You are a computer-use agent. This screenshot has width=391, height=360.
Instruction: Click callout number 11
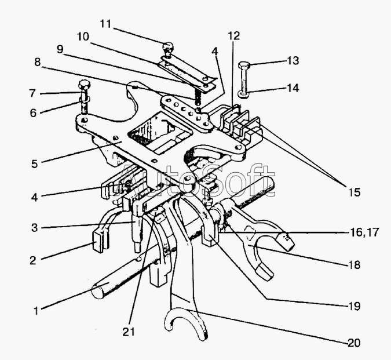[x=105, y=24]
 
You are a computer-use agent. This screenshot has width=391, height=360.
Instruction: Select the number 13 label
[x=293, y=61]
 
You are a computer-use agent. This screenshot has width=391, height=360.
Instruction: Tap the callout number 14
[x=293, y=88]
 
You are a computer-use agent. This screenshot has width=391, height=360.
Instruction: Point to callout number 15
[x=355, y=192]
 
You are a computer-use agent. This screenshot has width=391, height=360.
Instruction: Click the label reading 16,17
[x=364, y=232]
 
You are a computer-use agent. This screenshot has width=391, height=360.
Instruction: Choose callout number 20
[x=354, y=343]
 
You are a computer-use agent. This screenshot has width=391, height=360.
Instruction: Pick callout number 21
[x=129, y=332]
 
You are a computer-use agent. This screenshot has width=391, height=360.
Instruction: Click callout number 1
[x=36, y=311]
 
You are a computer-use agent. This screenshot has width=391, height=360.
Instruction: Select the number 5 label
[x=34, y=164]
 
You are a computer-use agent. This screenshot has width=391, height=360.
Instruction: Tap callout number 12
[x=234, y=36]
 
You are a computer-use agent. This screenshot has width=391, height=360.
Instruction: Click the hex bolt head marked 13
[x=243, y=66]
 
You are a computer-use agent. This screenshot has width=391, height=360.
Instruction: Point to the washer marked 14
[x=243, y=94]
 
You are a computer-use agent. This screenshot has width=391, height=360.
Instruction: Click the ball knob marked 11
[x=168, y=46]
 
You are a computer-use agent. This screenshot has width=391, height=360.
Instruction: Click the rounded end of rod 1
[x=98, y=291]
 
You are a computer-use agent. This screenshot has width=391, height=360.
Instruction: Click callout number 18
[x=354, y=264]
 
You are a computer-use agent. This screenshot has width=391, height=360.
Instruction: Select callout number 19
[x=354, y=306]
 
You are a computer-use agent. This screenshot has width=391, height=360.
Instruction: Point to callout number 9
[x=60, y=49]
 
